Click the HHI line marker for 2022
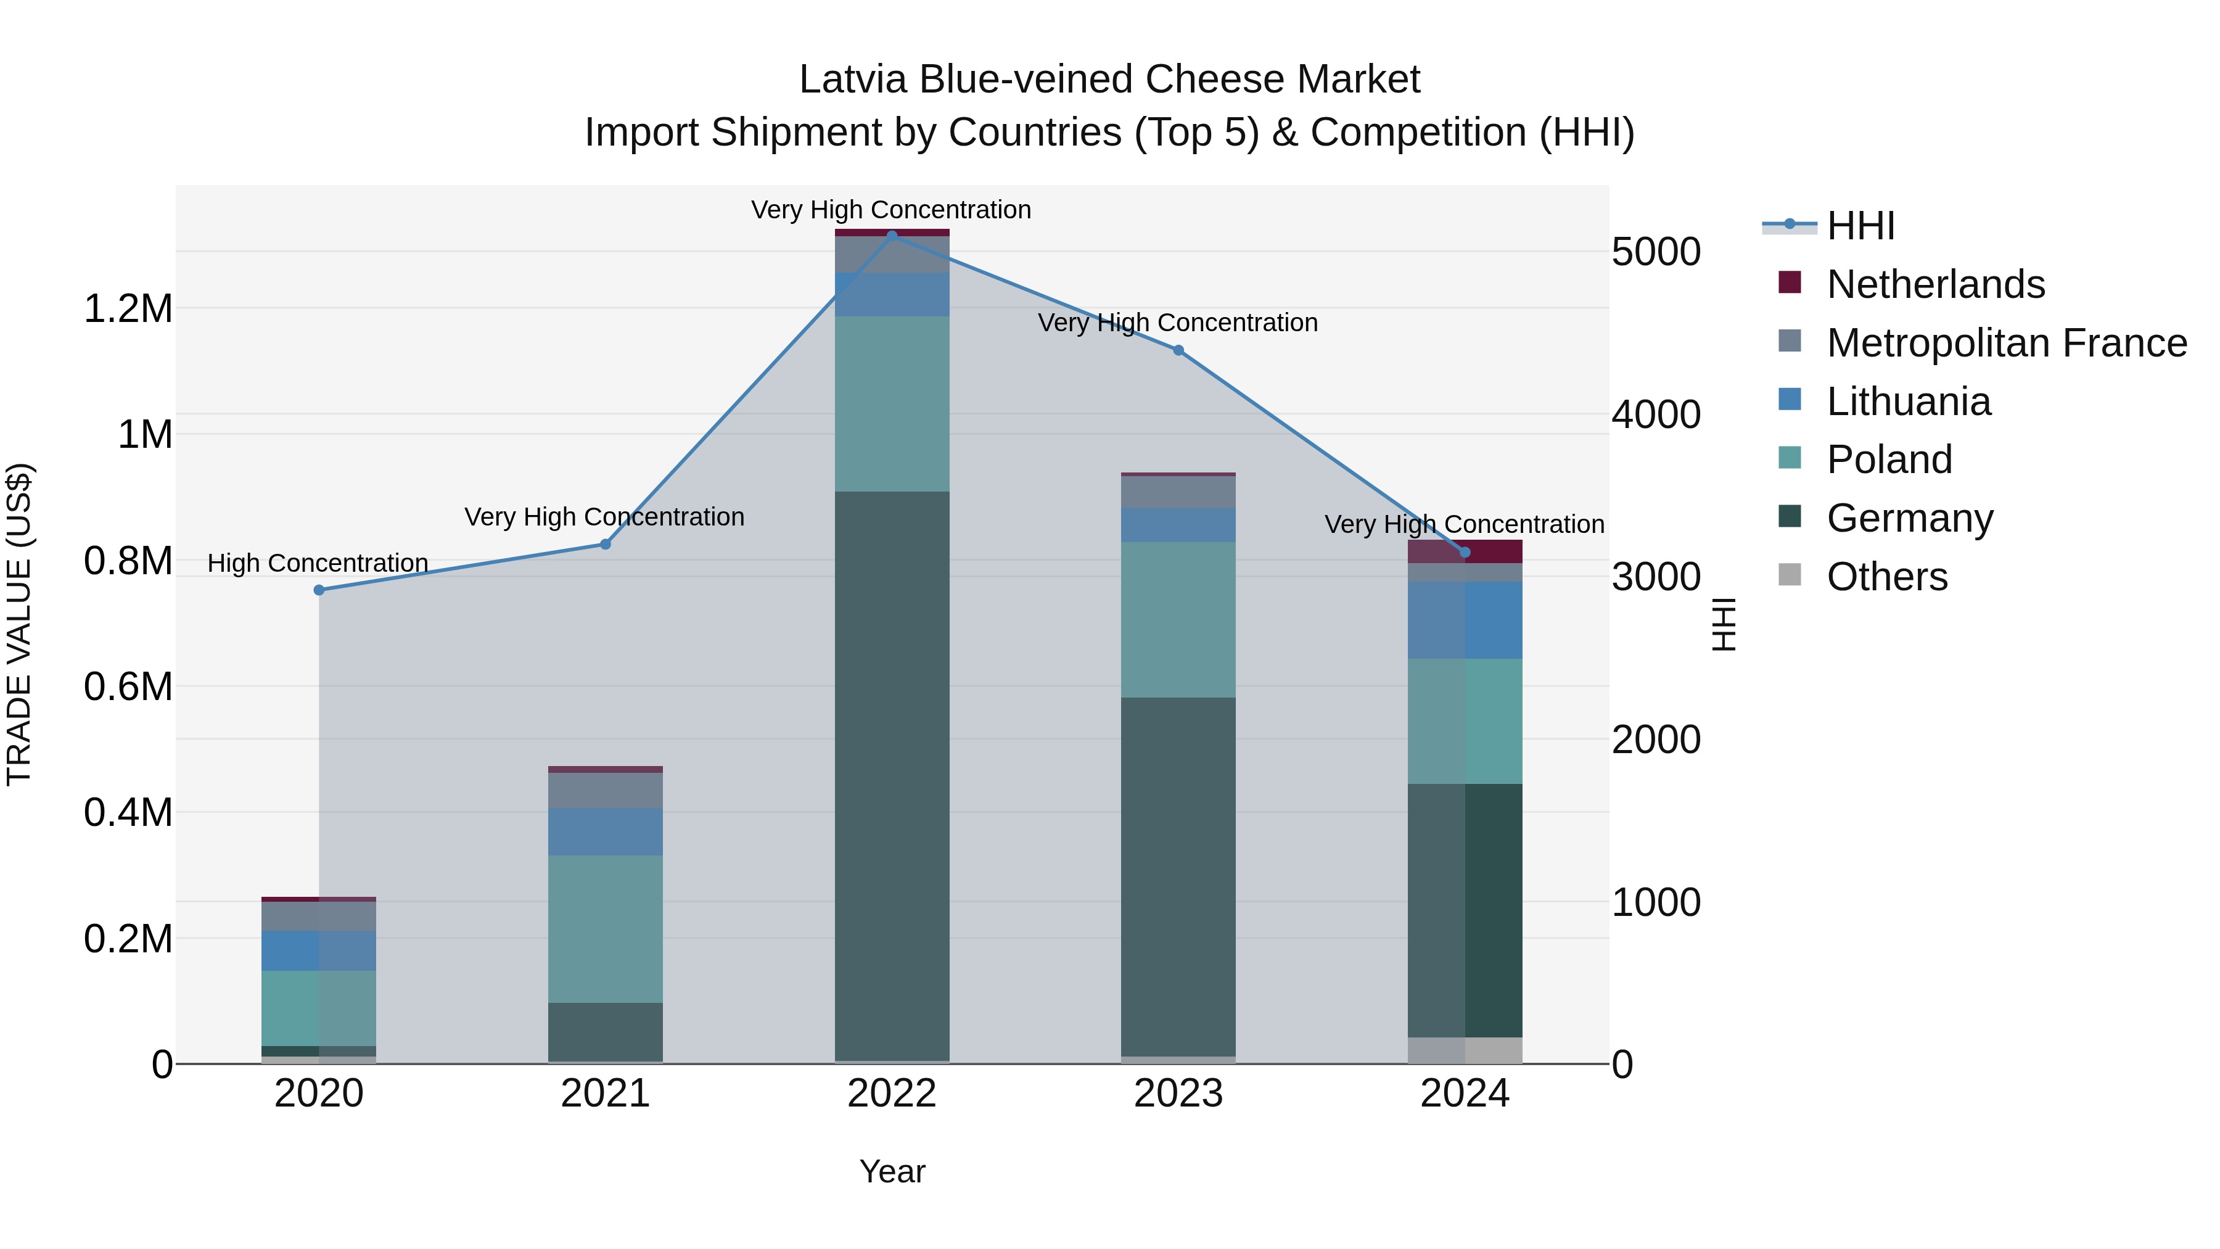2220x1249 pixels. tap(892, 234)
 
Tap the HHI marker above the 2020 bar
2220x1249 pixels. tap(319, 590)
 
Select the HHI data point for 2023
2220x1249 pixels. tap(1178, 350)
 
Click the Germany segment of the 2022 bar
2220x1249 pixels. tap(892, 776)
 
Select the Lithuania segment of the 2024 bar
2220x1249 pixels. tap(1465, 620)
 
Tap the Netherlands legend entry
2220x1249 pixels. tap(1934, 284)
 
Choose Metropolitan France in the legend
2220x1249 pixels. tap(2005, 343)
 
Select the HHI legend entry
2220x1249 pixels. tap(1860, 226)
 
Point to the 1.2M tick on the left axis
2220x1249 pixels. tap(128, 308)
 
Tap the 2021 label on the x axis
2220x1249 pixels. tap(605, 1094)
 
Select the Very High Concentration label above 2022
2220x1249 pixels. tap(891, 210)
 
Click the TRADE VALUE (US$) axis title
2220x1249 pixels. tap(19, 624)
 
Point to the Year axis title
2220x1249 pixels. tap(892, 1171)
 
